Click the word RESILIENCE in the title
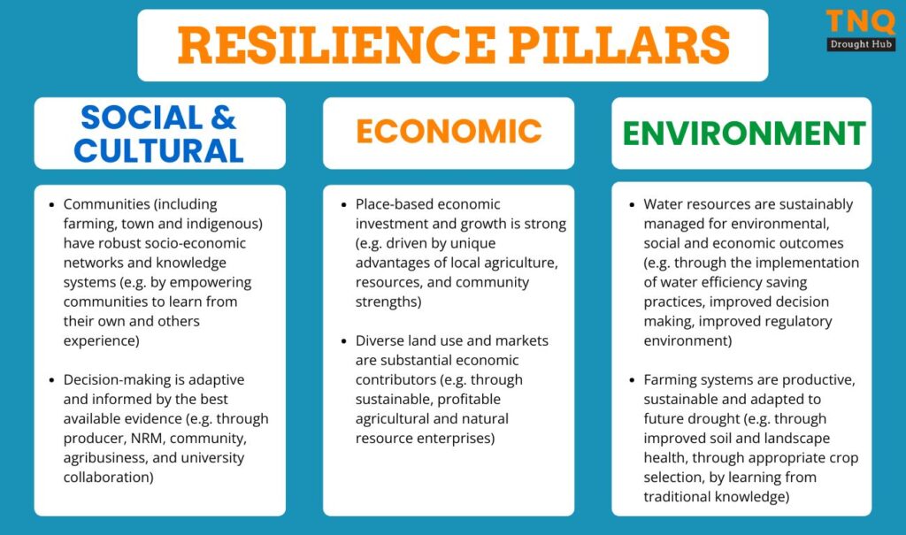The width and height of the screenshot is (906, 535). click(336, 45)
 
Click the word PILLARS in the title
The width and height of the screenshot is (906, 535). click(618, 45)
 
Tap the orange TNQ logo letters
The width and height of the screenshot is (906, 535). click(860, 22)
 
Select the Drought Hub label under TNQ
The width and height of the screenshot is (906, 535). click(861, 44)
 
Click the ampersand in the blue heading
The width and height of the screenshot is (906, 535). click(223, 118)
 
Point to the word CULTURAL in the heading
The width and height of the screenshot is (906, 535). click(159, 151)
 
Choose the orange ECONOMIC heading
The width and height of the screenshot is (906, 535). click(449, 131)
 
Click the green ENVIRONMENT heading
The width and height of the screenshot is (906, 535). click(743, 134)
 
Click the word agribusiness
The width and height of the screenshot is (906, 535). click(106, 458)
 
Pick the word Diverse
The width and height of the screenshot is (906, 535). click(380, 340)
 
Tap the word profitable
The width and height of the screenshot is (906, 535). click(469, 399)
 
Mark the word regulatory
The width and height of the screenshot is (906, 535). click(799, 321)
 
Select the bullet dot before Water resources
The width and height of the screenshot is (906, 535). click(632, 205)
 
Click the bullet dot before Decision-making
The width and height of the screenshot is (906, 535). click(51, 381)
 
